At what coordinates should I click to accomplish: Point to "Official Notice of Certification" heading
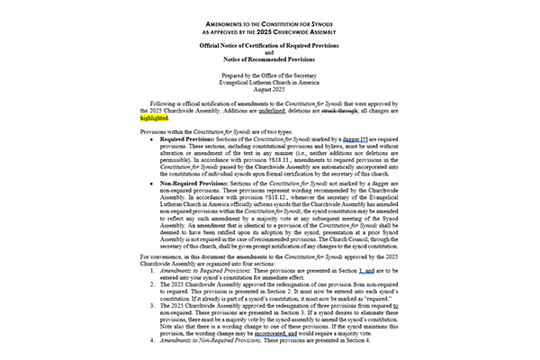269,43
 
